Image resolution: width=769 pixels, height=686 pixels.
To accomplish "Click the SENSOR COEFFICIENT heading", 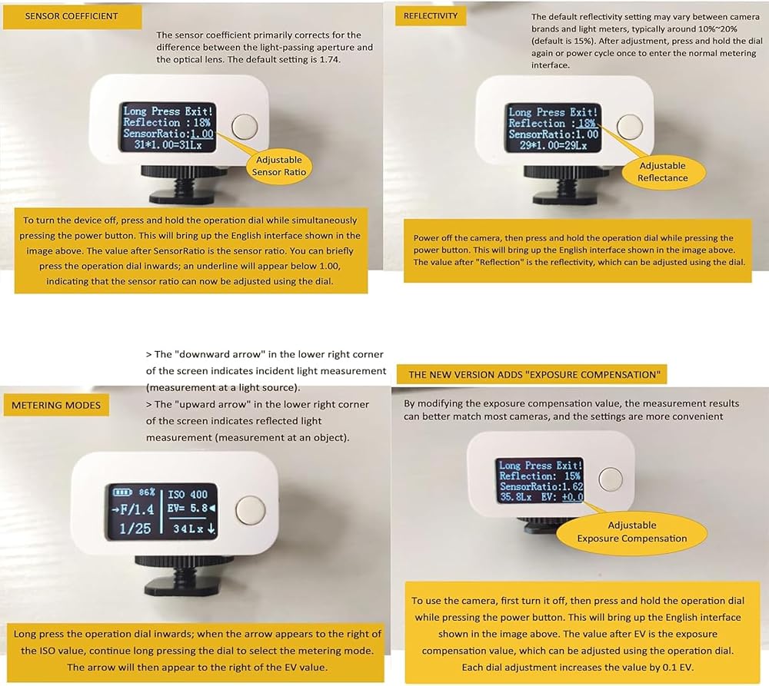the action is tap(72, 16).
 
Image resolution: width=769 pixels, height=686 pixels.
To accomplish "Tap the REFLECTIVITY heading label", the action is tap(431, 15).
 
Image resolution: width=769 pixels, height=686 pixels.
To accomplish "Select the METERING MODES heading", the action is tap(56, 406).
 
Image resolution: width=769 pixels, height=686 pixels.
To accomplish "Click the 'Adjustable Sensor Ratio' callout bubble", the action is tap(279, 166).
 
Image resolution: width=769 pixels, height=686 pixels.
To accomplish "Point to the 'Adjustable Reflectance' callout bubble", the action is tap(663, 171).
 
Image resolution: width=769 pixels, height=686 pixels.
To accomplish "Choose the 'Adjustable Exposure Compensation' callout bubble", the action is tap(631, 532).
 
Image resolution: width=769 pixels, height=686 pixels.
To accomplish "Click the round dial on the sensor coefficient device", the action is tap(245, 126).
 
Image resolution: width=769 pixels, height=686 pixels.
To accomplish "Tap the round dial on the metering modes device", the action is tap(251, 510).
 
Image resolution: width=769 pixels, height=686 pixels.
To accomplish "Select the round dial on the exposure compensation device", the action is tap(611, 479).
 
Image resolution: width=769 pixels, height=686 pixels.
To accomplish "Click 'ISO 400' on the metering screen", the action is tap(188, 495).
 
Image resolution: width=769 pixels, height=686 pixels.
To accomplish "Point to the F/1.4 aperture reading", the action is tap(137, 509).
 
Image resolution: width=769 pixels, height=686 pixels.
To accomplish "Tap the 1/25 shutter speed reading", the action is tap(135, 529).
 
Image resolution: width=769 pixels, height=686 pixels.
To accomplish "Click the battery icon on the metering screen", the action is tap(122, 492).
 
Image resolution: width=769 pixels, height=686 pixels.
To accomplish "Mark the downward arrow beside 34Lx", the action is tap(211, 529).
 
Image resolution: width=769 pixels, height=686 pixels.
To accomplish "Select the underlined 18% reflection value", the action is tap(587, 124).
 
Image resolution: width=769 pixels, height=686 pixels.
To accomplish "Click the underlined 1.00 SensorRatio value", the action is tap(202, 134).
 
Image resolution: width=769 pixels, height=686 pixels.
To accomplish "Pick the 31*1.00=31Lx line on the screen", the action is tap(168, 145).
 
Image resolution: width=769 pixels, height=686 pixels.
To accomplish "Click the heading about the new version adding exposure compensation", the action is tap(534, 375).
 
